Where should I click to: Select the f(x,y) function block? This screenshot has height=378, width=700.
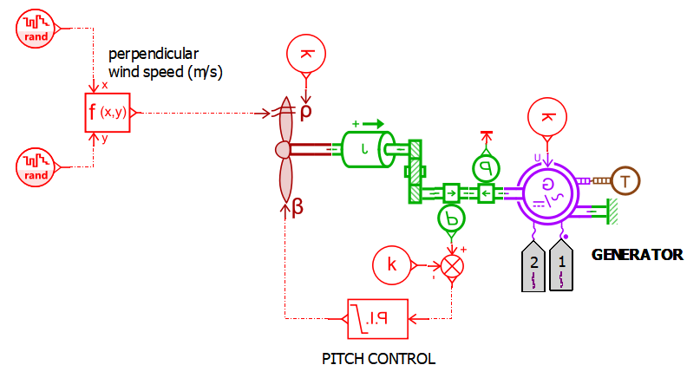pos(108,112)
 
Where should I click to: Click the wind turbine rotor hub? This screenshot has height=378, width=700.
pos(282,150)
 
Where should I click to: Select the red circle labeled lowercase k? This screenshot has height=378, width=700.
pos(392,265)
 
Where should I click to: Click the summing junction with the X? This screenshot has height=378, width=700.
pos(452,265)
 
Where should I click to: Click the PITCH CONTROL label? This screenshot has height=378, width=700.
pos(378,358)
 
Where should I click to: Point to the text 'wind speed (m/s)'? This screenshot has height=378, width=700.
pos(166,73)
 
